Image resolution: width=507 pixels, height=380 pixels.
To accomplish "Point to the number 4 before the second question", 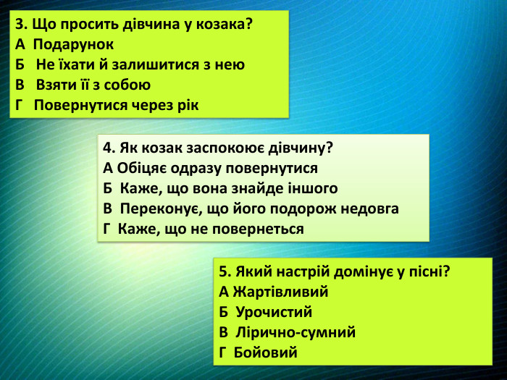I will (x=107, y=148).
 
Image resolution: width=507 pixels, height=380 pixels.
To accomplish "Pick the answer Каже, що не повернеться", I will (x=211, y=229).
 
